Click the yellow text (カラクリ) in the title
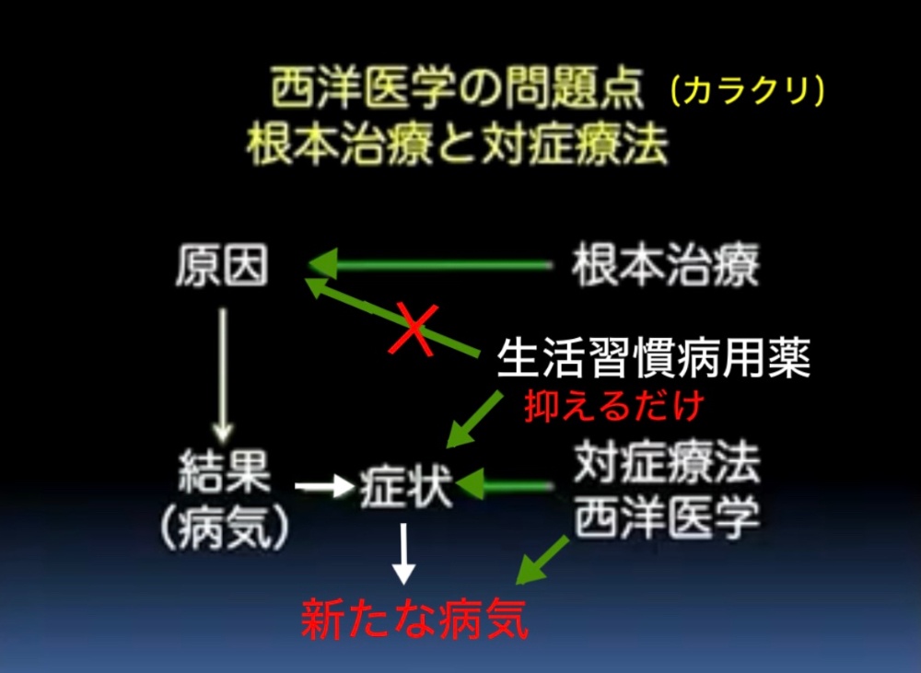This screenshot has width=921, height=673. [x=747, y=92]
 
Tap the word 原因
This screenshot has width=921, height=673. [x=221, y=265]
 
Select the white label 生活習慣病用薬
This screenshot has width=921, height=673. [x=654, y=357]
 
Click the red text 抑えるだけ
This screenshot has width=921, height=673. [x=613, y=406]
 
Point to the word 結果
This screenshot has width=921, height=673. [x=224, y=471]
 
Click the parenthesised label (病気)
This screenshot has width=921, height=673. [x=225, y=527]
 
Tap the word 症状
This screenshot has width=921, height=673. [x=405, y=486]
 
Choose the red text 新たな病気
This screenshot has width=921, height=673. [x=414, y=619]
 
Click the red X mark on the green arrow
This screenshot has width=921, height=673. [x=414, y=330]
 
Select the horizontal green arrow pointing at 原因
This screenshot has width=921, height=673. [x=430, y=265]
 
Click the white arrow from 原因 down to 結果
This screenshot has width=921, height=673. [x=223, y=376]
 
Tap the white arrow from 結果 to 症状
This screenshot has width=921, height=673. [x=324, y=486]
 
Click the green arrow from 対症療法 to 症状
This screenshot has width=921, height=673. [x=504, y=485]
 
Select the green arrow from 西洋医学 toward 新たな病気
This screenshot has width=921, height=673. [x=542, y=561]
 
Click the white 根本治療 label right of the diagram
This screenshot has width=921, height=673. [x=666, y=265]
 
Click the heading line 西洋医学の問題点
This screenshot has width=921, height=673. [x=457, y=89]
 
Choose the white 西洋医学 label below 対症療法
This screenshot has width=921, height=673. [x=667, y=518]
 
